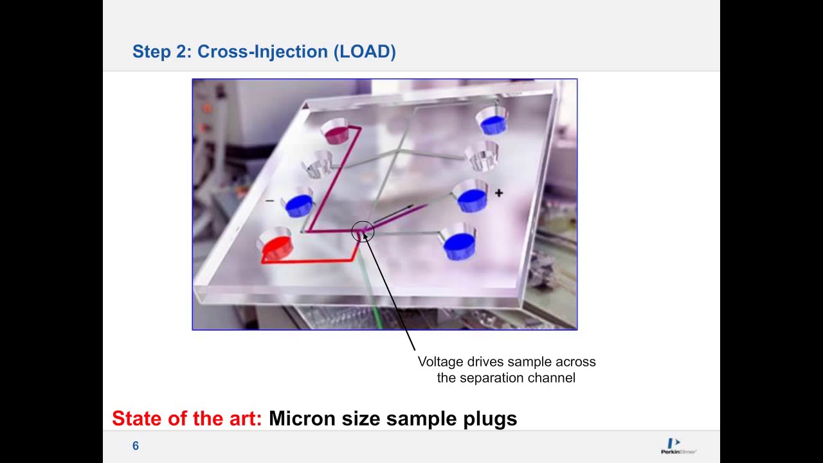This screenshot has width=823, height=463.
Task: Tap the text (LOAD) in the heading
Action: click(x=364, y=51)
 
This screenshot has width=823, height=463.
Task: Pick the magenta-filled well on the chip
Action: click(x=336, y=132)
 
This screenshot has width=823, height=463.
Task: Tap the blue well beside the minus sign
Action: click(x=299, y=204)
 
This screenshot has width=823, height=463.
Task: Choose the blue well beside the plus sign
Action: click(x=471, y=198)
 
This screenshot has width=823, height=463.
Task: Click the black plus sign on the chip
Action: click(x=499, y=192)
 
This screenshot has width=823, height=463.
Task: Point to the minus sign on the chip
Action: click(x=269, y=201)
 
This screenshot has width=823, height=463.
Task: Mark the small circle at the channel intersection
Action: click(x=363, y=232)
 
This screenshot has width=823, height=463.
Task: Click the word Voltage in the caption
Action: click(x=440, y=362)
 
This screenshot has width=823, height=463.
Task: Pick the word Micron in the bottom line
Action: click(x=302, y=419)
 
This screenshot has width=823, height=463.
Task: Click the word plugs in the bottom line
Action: click(x=490, y=419)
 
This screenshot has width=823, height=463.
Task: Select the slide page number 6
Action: click(x=136, y=446)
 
